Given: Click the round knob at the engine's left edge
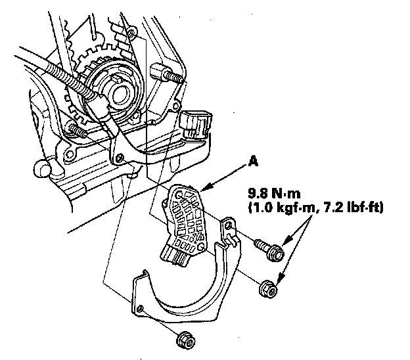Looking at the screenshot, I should click(43, 168).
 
